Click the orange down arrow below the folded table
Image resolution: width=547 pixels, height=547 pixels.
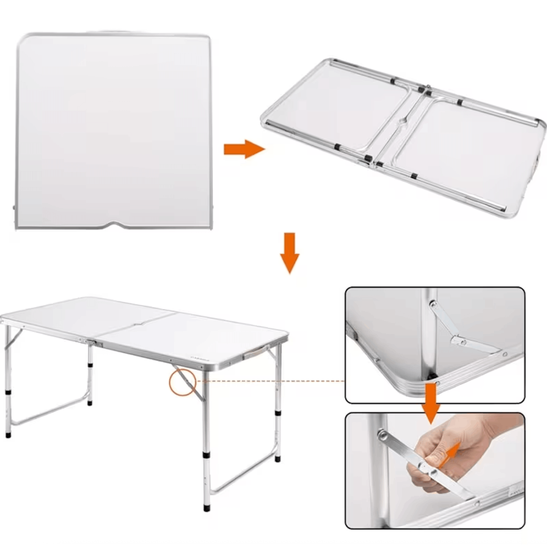[x=290, y=253]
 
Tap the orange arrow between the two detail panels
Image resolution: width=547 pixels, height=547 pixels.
[x=431, y=403]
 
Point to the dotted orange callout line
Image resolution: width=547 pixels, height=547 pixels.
[x=269, y=381]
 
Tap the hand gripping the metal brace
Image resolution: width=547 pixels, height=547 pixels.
[x=453, y=453]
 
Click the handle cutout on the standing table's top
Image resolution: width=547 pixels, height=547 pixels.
[x=137, y=324]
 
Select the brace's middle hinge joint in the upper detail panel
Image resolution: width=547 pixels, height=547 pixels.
[x=459, y=341]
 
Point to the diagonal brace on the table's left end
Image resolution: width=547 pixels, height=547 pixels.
[x=13, y=339]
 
